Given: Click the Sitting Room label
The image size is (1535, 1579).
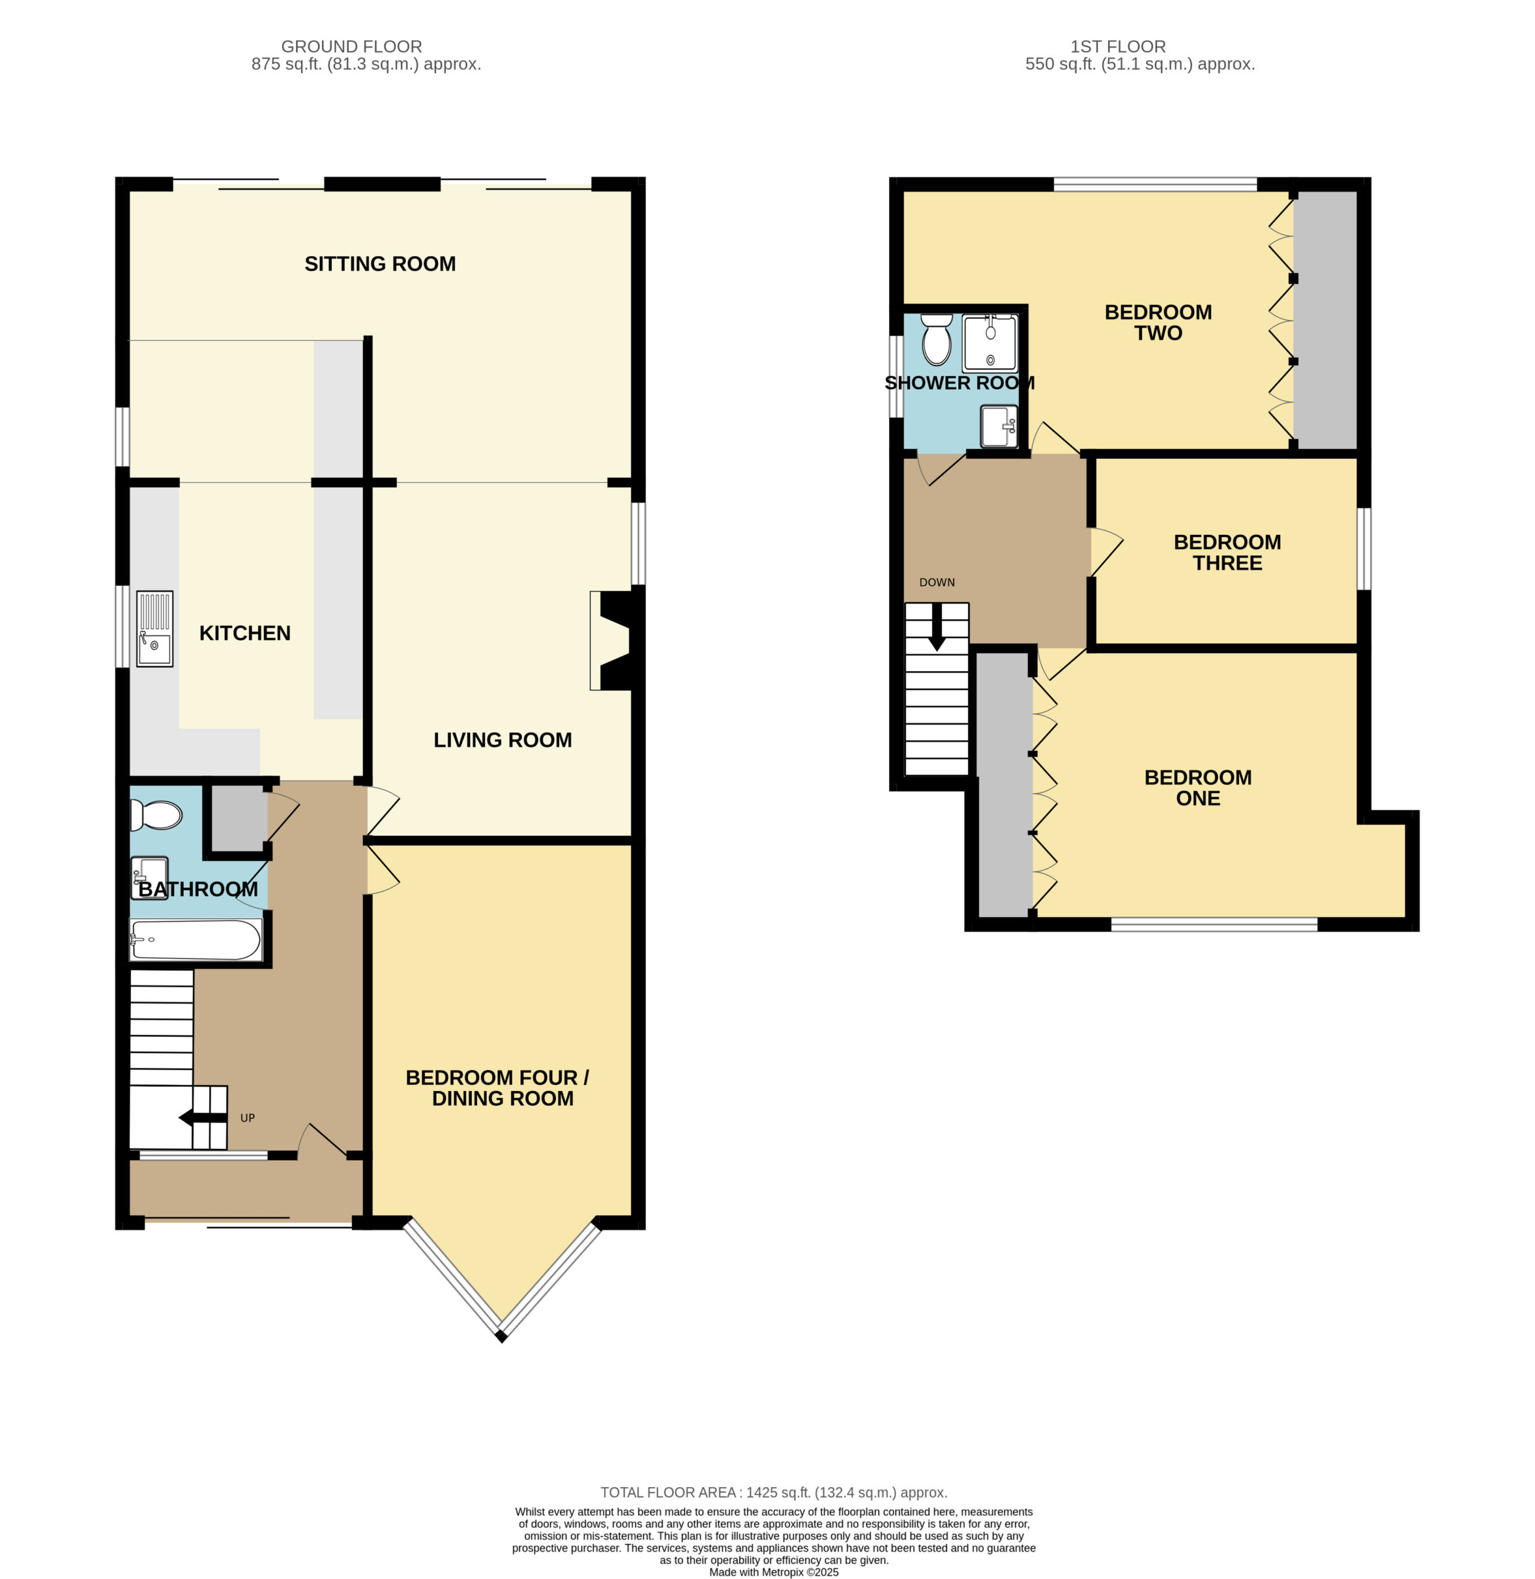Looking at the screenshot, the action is tap(379, 263).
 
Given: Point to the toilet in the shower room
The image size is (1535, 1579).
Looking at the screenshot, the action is tap(936, 339).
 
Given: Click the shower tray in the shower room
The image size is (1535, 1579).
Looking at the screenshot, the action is tap(990, 342).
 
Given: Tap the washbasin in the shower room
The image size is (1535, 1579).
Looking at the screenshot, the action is tap(999, 426).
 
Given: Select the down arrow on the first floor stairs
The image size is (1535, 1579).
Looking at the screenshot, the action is tap(937, 626).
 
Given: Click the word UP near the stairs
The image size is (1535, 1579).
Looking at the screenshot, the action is tap(247, 1118).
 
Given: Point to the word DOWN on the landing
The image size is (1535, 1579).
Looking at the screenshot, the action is tap(937, 582).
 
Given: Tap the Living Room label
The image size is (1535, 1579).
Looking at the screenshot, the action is tap(502, 740).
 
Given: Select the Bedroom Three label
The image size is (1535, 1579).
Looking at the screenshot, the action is tap(1227, 552).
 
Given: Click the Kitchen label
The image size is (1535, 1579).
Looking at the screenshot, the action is tap(245, 633).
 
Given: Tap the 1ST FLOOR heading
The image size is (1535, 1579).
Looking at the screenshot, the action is tap(1117, 47).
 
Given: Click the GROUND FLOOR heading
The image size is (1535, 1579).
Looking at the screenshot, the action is tap(352, 47).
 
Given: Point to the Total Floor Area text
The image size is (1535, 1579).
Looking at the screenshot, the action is tap(774, 1493).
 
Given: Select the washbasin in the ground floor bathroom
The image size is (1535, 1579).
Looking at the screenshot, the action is tap(150, 877).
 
